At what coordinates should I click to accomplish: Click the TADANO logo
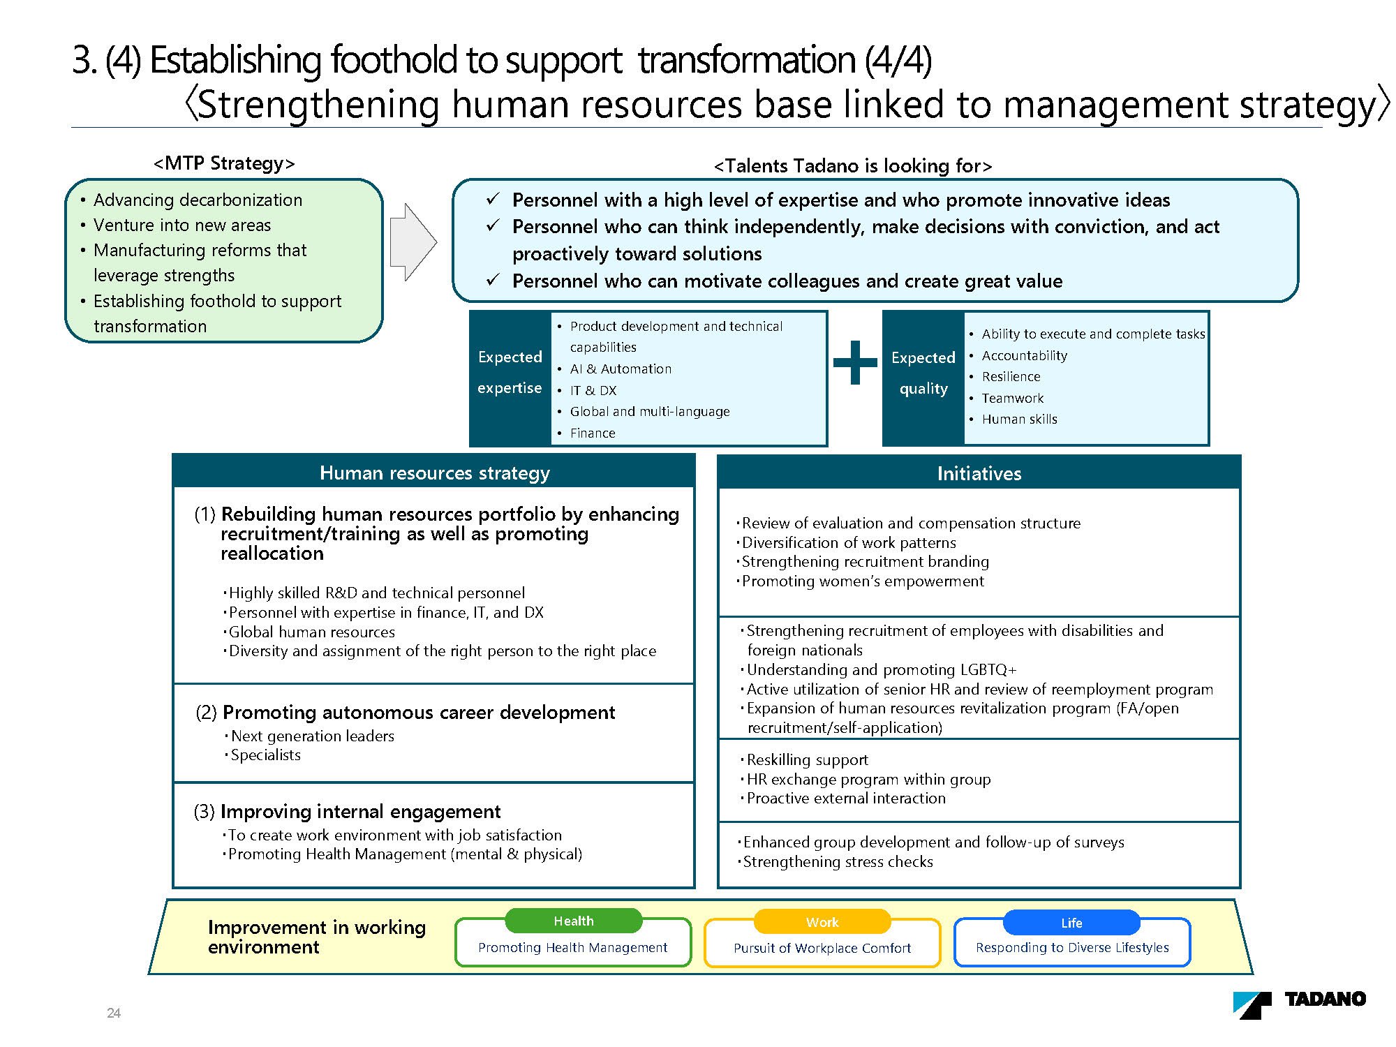[x=1299, y=1004]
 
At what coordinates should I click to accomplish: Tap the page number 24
[x=114, y=1013]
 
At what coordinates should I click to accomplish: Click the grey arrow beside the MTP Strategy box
[x=413, y=242]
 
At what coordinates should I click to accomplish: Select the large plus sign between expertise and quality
[x=855, y=363]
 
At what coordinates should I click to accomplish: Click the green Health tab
[x=574, y=921]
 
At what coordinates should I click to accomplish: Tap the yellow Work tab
[x=822, y=922]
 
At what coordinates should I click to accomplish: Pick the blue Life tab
[x=1071, y=923]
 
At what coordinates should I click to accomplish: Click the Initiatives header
[x=979, y=473]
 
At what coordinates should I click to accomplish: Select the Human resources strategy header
[x=434, y=473]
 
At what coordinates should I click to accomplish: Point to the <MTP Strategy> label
[x=224, y=163]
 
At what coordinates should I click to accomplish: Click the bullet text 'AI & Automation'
[x=621, y=369]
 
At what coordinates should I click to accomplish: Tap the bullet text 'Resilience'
[x=1011, y=377]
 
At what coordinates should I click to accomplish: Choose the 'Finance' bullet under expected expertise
[x=593, y=433]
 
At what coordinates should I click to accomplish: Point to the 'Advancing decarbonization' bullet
[x=198, y=200]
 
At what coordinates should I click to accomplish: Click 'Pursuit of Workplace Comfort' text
[x=822, y=948]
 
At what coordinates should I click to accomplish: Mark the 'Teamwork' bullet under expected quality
[x=1012, y=398]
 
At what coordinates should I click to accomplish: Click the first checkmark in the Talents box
[x=493, y=200]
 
